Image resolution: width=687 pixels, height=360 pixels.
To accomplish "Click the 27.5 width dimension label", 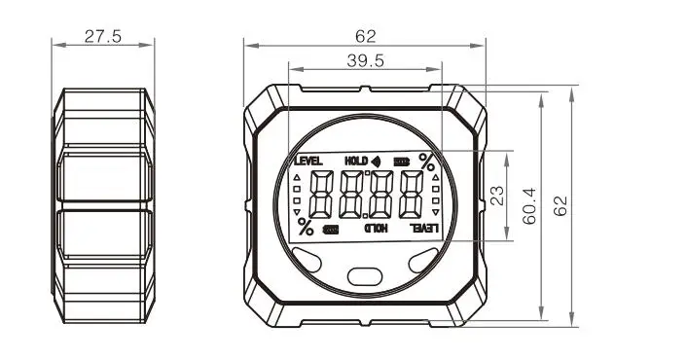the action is (x=103, y=36).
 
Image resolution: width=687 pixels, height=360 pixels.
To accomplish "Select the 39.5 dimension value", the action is (x=366, y=61).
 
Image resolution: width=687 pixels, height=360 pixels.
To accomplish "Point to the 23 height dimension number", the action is (x=497, y=196).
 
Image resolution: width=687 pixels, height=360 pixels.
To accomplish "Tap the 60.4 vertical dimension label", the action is (x=529, y=206).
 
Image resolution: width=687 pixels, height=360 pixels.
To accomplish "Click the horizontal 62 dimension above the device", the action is (x=366, y=36).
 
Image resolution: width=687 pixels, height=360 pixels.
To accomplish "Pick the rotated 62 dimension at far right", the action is (x=560, y=206).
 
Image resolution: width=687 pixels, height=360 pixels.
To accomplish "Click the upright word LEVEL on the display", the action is (x=308, y=162).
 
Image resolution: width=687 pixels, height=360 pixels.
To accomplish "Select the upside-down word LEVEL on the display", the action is (x=424, y=228).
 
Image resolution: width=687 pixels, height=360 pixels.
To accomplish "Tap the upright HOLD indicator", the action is (x=356, y=162).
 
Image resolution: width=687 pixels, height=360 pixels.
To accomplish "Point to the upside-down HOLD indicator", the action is (x=377, y=228).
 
